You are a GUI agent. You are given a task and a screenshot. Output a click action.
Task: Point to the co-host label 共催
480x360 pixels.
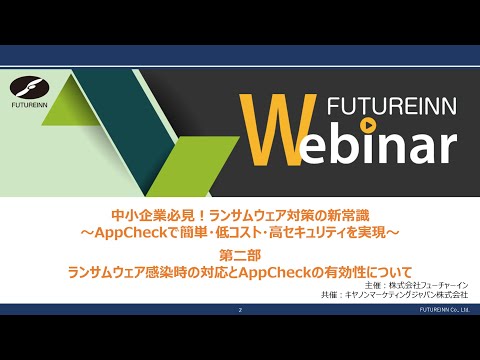[331, 296]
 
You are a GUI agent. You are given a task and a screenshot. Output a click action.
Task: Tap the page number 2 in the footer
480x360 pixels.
[240, 311]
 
